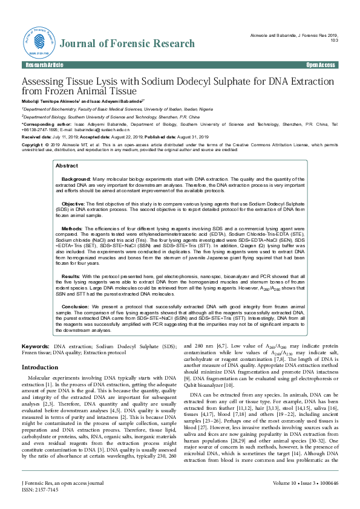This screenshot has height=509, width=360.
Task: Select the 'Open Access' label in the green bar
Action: tap(321, 64)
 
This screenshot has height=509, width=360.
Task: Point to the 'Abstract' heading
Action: tap(67, 149)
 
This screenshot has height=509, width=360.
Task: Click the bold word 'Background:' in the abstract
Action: tap(76, 163)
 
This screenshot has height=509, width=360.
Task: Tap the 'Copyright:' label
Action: tap(33, 145)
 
